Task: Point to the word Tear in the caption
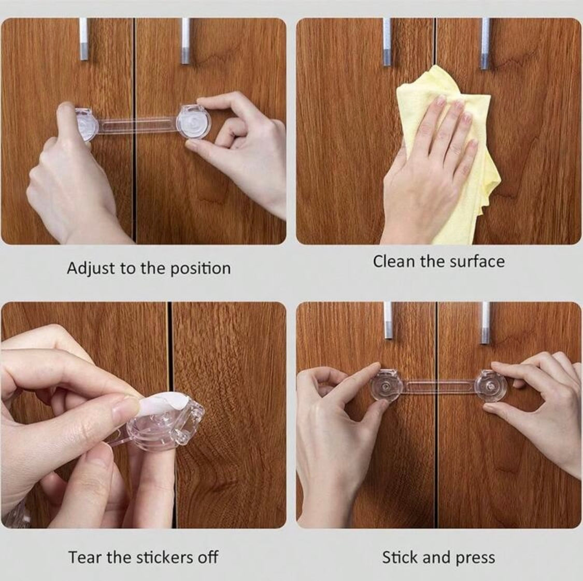point(85,557)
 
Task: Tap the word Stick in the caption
point(399,558)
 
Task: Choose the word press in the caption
point(476,558)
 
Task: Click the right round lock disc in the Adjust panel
point(193,122)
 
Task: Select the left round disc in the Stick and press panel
point(387,386)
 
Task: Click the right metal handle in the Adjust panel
point(185,41)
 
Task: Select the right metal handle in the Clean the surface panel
point(485,43)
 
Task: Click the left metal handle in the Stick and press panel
point(388,320)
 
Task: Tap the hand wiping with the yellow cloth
point(431,167)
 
